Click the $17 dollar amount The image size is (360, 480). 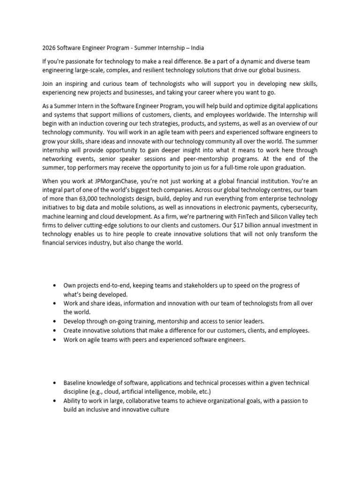243,225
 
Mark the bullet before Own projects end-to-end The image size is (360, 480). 55,285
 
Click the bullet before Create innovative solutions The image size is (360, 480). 55,330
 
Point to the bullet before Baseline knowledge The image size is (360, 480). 55,383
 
